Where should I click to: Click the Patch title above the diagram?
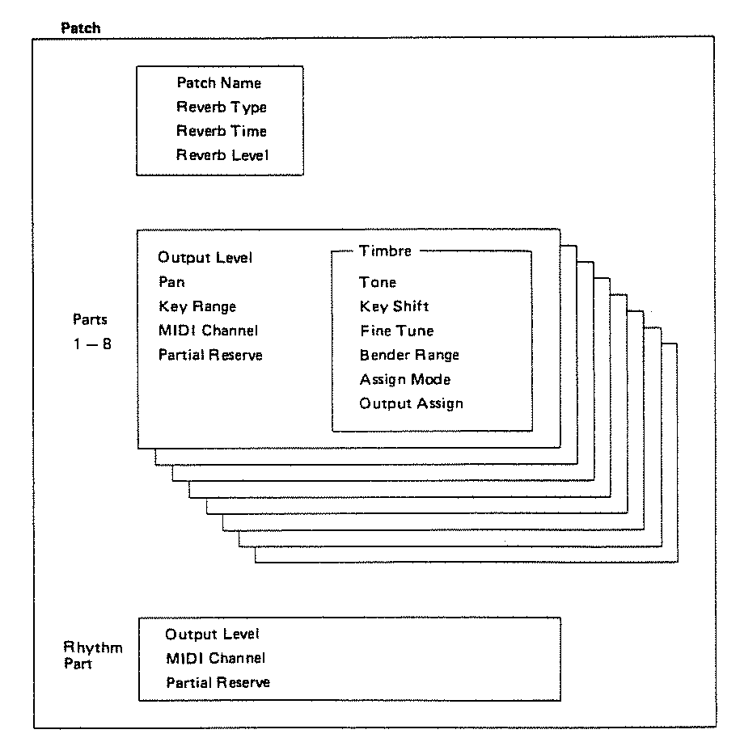point(81,27)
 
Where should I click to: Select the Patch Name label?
point(219,83)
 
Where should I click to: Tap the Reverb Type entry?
point(222,108)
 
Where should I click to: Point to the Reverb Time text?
point(222,131)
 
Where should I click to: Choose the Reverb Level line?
point(222,154)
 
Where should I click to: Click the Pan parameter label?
point(171,282)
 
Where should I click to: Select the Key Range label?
point(197,307)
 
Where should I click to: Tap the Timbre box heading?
point(385,251)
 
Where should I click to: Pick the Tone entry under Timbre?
point(378,282)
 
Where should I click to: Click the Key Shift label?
point(395,306)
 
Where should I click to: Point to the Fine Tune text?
point(397,331)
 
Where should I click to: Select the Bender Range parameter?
point(409,355)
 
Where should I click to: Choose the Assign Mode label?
point(405,380)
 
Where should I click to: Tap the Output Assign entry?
point(411,403)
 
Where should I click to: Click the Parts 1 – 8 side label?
point(92,331)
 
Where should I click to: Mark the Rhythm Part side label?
point(93,655)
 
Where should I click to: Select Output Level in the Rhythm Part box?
point(213,635)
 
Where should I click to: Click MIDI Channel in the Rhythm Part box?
point(216,658)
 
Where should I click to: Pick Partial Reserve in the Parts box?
point(210,355)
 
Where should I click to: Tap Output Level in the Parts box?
point(205,258)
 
